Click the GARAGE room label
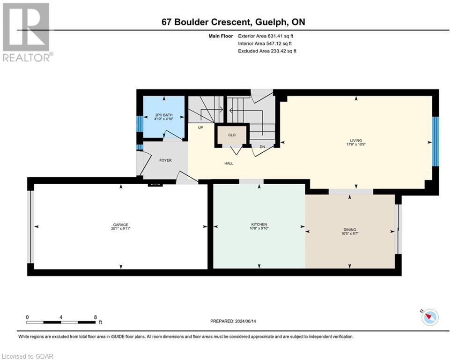(121, 225)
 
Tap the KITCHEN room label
(259, 225)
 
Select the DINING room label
(350, 230)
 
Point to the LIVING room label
(356, 141)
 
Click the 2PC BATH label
(164, 115)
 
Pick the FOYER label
(165, 160)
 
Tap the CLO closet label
(232, 135)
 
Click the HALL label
(229, 163)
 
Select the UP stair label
(200, 127)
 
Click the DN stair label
(262, 147)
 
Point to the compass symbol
(430, 317)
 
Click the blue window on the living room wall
(436, 141)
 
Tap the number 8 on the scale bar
(96, 317)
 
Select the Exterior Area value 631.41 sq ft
(281, 36)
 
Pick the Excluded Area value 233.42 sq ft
(283, 51)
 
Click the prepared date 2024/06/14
(245, 321)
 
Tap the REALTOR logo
(27, 32)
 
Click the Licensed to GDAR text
(27, 356)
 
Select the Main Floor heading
(221, 36)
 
